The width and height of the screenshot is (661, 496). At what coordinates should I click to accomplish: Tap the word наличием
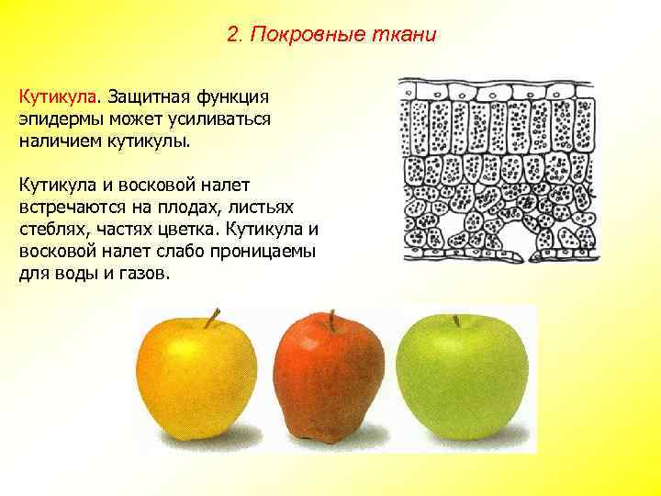(58, 142)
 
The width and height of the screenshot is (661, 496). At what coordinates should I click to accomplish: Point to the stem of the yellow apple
(213, 318)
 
